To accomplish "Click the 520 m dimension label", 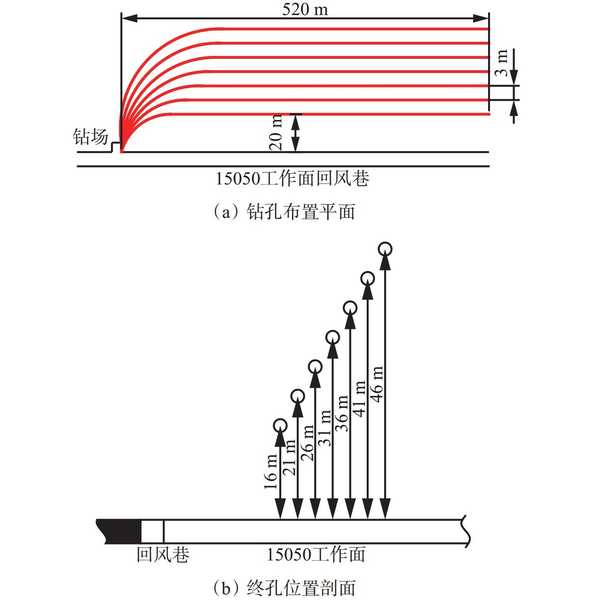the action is [x=305, y=9].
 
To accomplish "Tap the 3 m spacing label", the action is [x=501, y=63].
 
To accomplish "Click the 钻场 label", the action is [x=90, y=136].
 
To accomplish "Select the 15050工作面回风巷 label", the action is [x=292, y=179].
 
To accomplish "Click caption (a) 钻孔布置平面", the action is [x=284, y=212].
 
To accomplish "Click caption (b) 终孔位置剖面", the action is [x=284, y=588].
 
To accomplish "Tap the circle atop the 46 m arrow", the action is [x=385, y=249].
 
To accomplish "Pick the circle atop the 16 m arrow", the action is [x=280, y=425].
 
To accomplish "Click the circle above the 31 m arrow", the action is [x=333, y=337].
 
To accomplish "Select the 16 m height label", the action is [x=270, y=472].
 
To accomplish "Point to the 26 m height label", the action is [x=307, y=443].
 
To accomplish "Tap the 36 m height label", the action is [x=342, y=414].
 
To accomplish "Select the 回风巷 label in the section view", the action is [x=163, y=554].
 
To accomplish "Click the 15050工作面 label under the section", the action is [x=316, y=554].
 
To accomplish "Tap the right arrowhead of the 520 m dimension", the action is [x=481, y=18].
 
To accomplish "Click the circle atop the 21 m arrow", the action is [x=298, y=396].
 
